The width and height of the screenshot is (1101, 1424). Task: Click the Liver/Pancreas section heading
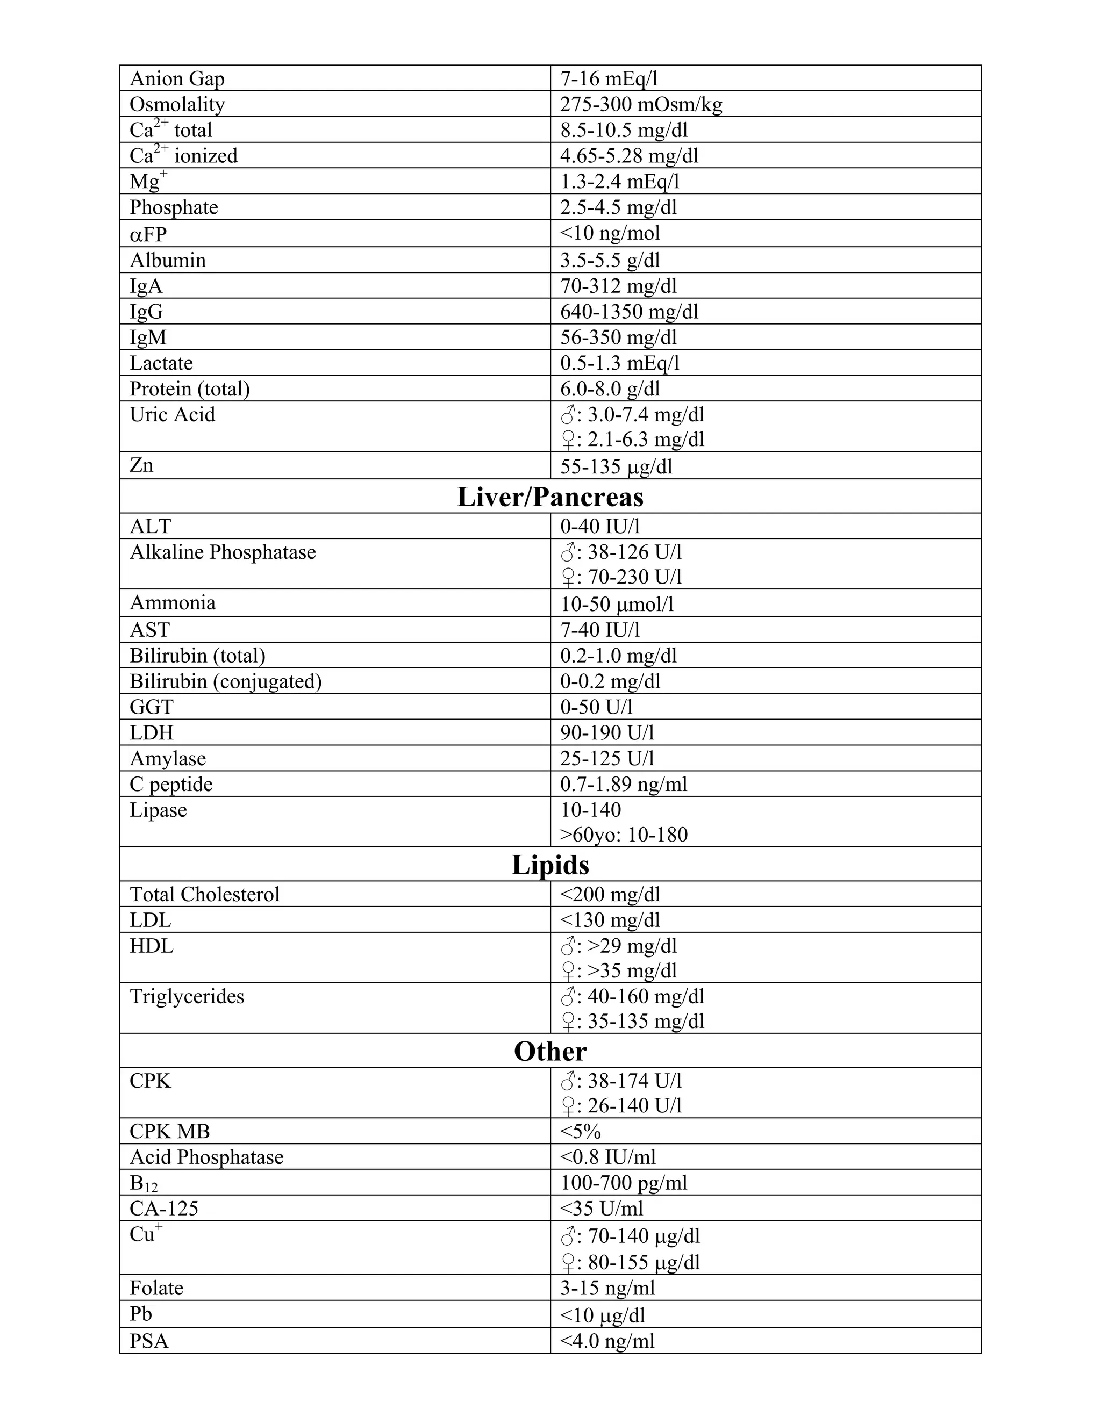pyautogui.click(x=550, y=498)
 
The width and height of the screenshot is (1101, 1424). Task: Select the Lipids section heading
pyautogui.click(x=550, y=865)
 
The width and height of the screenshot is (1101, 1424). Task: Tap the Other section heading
pyautogui.click(x=550, y=1052)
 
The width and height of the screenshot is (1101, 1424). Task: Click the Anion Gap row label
pyautogui.click(x=177, y=79)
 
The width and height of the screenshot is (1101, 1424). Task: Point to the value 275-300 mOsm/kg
pyautogui.click(x=640, y=104)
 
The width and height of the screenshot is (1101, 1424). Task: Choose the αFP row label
pyautogui.click(x=148, y=233)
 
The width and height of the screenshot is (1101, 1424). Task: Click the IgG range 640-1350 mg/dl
pyautogui.click(x=629, y=312)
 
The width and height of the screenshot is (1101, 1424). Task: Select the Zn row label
pyautogui.click(x=141, y=465)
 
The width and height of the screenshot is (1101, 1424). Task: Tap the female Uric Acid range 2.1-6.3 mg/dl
pyautogui.click(x=633, y=440)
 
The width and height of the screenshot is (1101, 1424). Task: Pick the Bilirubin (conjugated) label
pyautogui.click(x=226, y=681)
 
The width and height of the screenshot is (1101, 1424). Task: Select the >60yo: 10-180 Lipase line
pyautogui.click(x=624, y=835)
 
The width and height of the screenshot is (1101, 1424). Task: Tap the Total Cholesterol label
pyautogui.click(x=204, y=895)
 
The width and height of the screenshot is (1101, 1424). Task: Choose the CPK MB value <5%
pyautogui.click(x=581, y=1131)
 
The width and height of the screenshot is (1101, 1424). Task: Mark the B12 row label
pyautogui.click(x=144, y=1183)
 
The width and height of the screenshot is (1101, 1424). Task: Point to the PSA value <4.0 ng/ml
pyautogui.click(x=607, y=1341)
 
